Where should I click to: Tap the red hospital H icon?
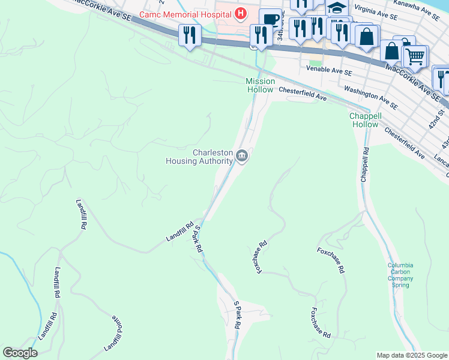point(240,13)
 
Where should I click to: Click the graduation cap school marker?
point(337,8)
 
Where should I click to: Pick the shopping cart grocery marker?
point(415,56)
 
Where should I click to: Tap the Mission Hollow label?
point(260,85)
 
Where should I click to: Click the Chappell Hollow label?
point(365,120)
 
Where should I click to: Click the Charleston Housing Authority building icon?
point(241,157)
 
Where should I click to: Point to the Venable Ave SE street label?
point(328,71)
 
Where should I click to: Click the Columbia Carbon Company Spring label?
point(400,275)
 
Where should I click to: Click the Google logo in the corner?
point(20,353)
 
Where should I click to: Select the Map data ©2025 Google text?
point(411,355)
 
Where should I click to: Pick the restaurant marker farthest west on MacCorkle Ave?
point(190,35)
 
